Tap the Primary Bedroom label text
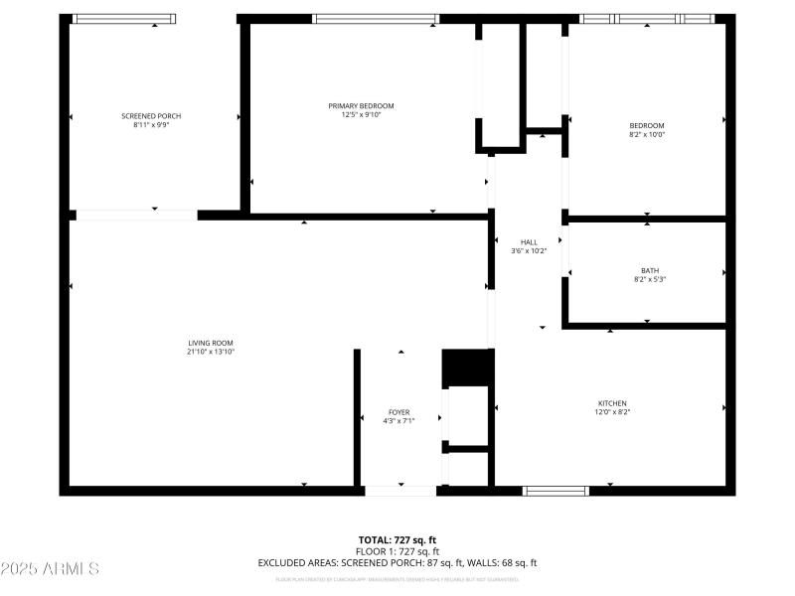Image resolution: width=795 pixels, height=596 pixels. coord(361,106)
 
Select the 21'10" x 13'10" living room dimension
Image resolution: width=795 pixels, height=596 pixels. coord(210,352)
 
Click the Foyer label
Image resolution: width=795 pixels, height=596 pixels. coord(398,412)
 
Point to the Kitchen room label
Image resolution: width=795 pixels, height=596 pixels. coord(612,403)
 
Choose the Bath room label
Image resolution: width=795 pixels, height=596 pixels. coord(649,270)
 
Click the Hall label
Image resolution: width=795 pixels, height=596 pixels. coord(529,241)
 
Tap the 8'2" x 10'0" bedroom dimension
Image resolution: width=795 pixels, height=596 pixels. coord(646,134)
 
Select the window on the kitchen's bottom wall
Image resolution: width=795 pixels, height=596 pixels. coord(556,490)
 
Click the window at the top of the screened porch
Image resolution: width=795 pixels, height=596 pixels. coord(125,19)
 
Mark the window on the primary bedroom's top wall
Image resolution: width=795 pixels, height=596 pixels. coord(376,19)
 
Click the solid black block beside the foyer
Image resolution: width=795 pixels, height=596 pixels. coord(467,368)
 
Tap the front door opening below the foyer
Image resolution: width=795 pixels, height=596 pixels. coord(399,490)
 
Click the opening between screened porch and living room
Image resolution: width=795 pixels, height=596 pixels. coord(136,215)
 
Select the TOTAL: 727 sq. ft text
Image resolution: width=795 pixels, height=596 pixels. coord(397,540)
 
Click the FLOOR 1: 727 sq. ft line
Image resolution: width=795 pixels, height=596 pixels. coord(397,551)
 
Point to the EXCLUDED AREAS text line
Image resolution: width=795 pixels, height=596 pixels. coord(397,562)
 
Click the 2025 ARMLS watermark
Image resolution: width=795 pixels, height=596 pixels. coord(50,569)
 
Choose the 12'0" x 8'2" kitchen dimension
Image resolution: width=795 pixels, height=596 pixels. coord(612,412)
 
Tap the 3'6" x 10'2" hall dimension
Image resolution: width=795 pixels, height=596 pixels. coord(529,250)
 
